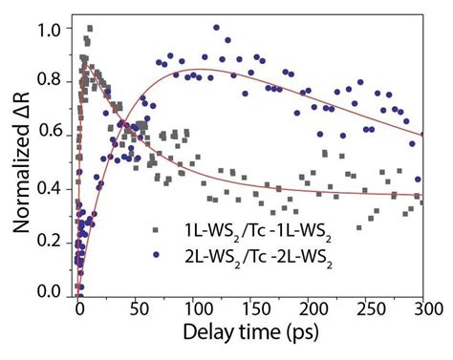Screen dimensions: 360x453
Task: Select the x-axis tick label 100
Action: pos(198,309)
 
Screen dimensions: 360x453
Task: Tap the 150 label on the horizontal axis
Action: pos(256,309)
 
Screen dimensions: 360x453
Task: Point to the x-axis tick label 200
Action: pos(313,309)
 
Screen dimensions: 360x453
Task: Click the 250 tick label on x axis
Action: pos(371,309)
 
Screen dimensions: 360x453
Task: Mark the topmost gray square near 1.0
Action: pos(90,29)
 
